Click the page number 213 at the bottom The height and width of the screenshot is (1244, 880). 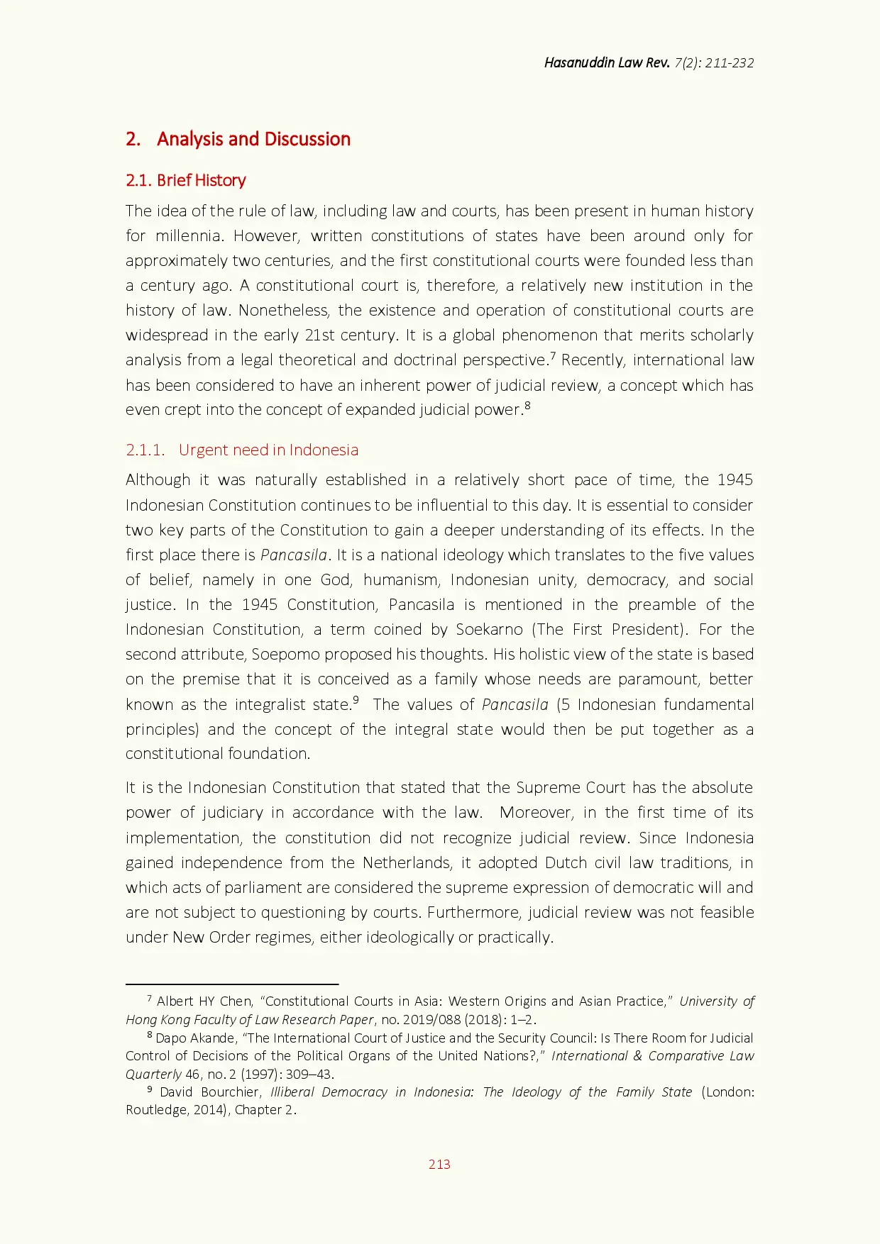(439, 1164)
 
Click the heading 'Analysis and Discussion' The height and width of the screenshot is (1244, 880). (253, 139)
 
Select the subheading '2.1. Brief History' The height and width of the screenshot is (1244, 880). (185, 180)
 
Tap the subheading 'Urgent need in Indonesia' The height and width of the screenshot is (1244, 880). (268, 450)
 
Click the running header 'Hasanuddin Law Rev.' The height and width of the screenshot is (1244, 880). (607, 62)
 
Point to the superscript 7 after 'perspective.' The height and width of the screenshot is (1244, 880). (553, 355)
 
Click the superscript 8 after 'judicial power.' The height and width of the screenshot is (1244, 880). (527, 406)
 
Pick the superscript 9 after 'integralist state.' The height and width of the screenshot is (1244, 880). (356, 700)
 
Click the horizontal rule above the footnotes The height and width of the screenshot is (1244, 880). (232, 984)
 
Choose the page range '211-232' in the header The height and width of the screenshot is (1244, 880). (730, 62)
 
